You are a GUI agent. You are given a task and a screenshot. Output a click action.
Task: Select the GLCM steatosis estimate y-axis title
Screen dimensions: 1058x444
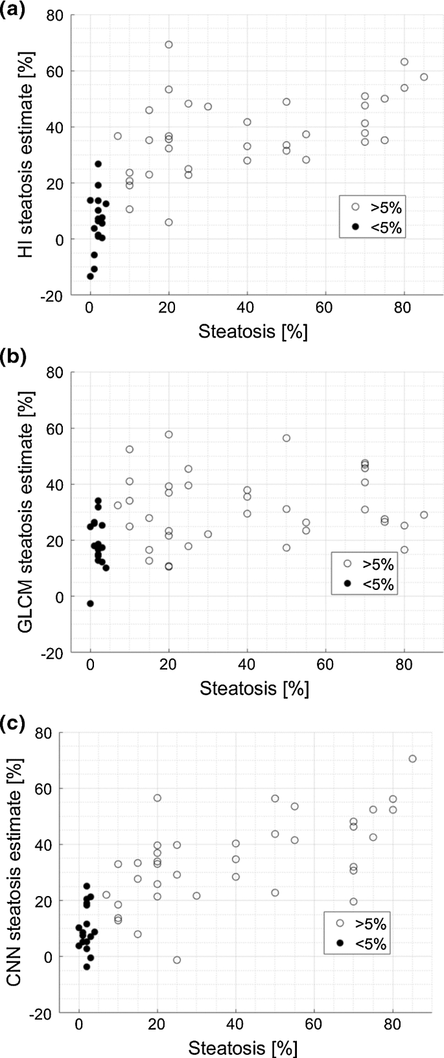click(x=26, y=512)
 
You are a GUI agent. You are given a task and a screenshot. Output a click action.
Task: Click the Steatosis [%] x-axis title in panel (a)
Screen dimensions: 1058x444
click(x=253, y=332)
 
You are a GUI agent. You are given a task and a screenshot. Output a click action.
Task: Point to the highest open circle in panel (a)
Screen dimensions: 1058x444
click(x=169, y=45)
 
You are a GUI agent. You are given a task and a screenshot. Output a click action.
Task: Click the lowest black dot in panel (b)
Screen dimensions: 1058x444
click(x=90, y=603)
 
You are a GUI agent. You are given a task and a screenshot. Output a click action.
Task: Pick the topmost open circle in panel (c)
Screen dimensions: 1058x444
click(x=412, y=759)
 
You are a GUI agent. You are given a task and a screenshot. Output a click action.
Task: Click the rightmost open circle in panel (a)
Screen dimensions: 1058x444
click(x=424, y=77)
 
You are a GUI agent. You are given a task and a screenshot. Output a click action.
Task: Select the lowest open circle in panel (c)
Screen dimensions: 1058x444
click(x=177, y=960)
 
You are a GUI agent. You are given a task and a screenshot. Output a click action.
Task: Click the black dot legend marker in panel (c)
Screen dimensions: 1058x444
click(x=340, y=943)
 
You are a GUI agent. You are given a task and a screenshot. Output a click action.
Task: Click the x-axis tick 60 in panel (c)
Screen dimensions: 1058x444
click(x=314, y=1027)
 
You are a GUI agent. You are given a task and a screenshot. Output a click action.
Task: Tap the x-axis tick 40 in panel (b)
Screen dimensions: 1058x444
click(x=247, y=669)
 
